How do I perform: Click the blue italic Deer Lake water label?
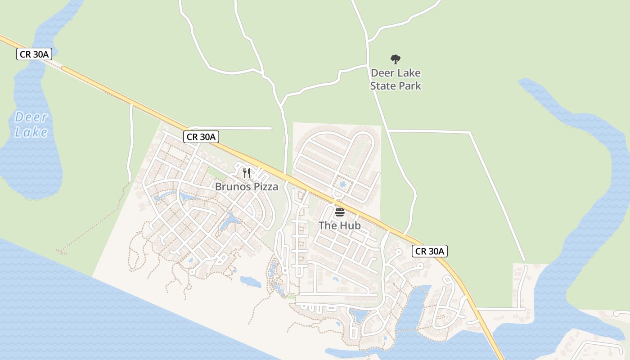31,125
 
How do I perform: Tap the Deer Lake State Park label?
396,79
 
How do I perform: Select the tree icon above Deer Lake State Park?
396,59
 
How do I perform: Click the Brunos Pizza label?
247,186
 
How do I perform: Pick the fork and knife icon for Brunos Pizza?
247,173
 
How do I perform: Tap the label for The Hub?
340,225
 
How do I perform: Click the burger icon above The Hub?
340,212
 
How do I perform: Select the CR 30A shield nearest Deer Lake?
34,54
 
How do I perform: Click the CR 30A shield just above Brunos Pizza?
201,137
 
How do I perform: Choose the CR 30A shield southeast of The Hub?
429,251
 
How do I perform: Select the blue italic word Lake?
31,132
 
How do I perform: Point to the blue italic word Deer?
31,117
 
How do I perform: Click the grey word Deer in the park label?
383,73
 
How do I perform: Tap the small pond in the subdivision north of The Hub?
343,184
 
